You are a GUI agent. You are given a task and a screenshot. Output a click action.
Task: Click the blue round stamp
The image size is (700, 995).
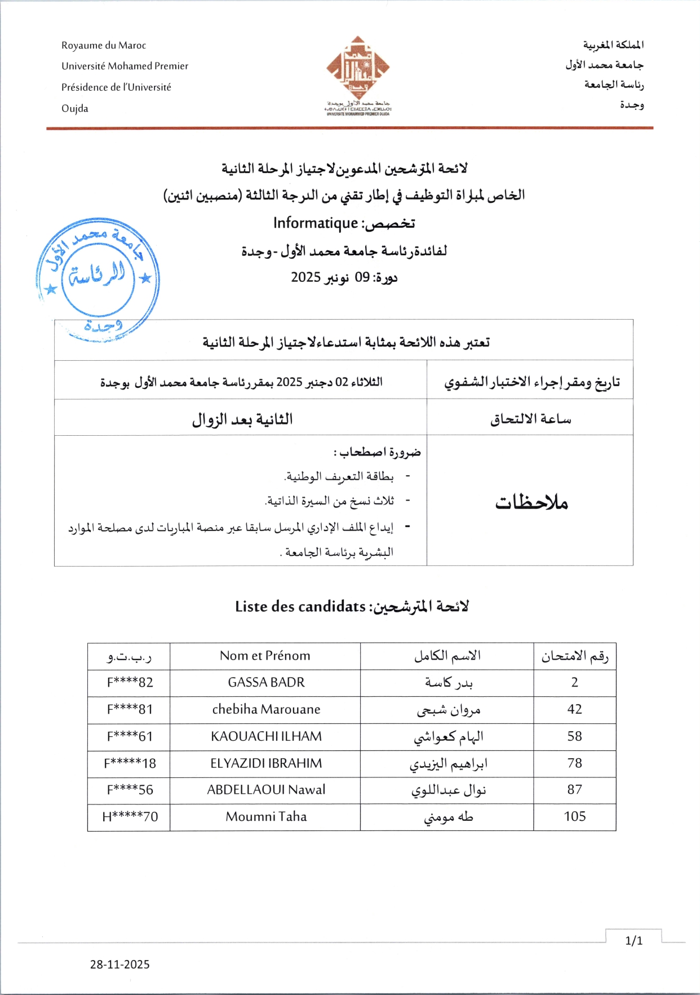(98, 277)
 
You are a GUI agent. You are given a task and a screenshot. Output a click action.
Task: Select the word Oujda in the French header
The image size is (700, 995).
(75, 108)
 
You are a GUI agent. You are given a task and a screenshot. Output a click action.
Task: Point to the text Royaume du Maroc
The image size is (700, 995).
(104, 46)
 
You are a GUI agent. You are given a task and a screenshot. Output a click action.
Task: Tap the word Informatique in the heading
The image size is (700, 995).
(316, 223)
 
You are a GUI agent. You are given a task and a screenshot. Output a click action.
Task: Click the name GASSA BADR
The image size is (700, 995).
(266, 682)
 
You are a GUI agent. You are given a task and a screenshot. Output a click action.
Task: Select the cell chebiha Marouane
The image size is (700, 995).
(266, 709)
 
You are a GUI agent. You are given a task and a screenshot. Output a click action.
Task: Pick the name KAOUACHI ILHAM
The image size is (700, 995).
(266, 736)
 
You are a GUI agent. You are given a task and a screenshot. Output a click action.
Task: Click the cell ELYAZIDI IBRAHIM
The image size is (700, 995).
(266, 763)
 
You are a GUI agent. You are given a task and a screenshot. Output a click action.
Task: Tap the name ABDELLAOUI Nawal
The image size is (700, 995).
(266, 790)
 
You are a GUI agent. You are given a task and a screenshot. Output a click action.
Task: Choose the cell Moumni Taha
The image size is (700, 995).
(266, 817)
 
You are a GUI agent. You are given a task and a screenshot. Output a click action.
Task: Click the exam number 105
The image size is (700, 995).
(575, 817)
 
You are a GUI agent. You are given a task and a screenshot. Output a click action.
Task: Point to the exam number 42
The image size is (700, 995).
(575, 709)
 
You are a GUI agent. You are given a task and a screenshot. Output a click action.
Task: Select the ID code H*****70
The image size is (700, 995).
(130, 817)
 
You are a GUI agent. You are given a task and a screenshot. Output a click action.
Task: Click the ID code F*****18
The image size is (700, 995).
(130, 763)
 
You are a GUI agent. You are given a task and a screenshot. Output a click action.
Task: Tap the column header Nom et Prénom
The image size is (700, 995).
(265, 656)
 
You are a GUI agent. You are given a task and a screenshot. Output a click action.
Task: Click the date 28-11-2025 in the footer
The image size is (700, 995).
(120, 965)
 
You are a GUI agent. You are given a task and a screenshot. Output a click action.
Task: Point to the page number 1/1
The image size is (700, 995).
(634, 940)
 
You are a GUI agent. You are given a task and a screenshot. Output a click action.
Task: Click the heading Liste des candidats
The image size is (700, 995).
(300, 607)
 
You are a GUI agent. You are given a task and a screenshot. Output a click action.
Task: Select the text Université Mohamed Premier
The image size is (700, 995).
(125, 66)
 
